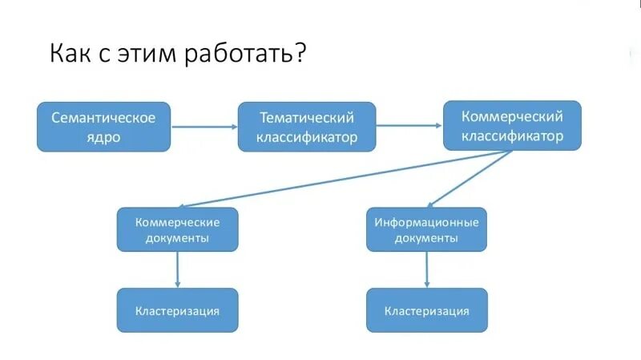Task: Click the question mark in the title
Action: point(298,54)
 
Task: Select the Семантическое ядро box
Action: point(103,127)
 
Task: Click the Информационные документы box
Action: point(426,229)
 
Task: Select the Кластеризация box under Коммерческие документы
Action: point(177,310)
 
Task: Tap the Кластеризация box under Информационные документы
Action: point(426,310)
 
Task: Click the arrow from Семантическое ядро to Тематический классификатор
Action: point(204,127)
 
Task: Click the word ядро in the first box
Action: point(103,137)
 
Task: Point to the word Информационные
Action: point(426,221)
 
